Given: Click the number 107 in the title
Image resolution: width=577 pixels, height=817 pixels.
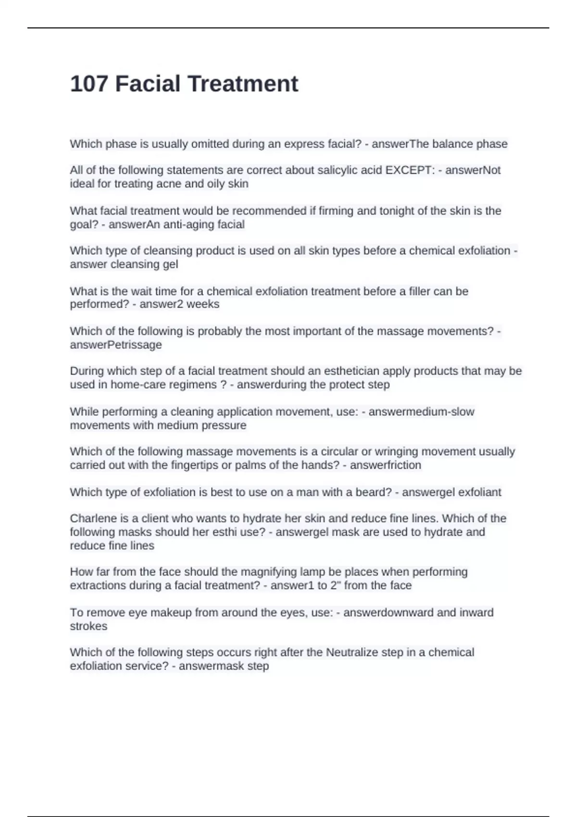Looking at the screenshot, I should [x=89, y=84].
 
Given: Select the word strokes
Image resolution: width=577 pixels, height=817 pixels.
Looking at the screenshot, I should [x=88, y=626].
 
